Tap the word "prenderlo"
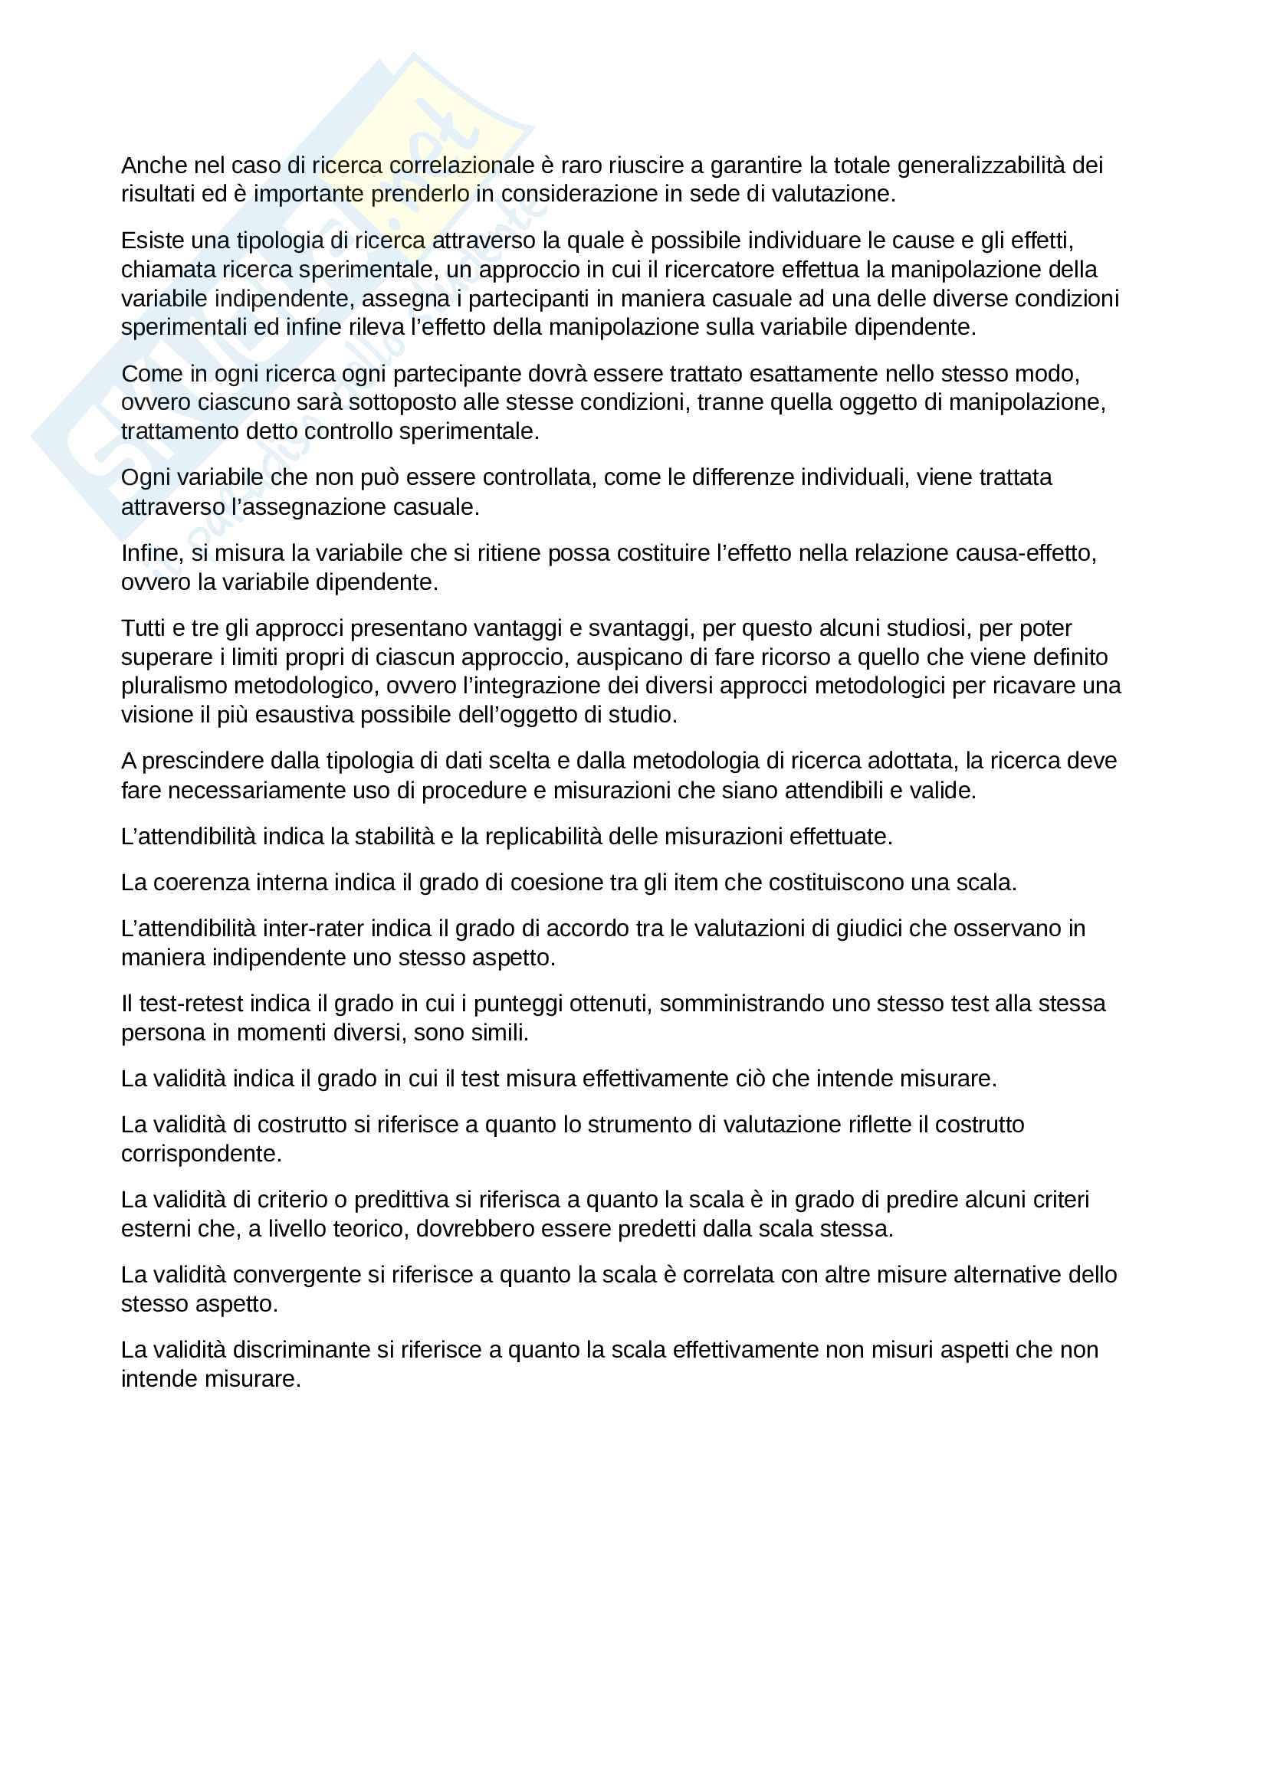tap(420, 194)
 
